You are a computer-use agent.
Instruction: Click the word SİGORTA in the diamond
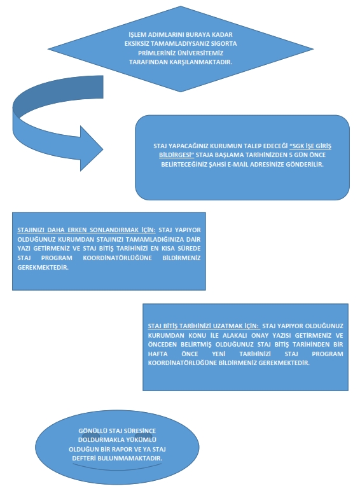click(224, 43)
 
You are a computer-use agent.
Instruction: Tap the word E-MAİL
click(238, 165)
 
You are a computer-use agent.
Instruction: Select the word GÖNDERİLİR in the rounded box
click(305, 165)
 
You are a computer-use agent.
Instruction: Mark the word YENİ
click(219, 354)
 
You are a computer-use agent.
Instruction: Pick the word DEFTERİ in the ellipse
click(83, 459)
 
